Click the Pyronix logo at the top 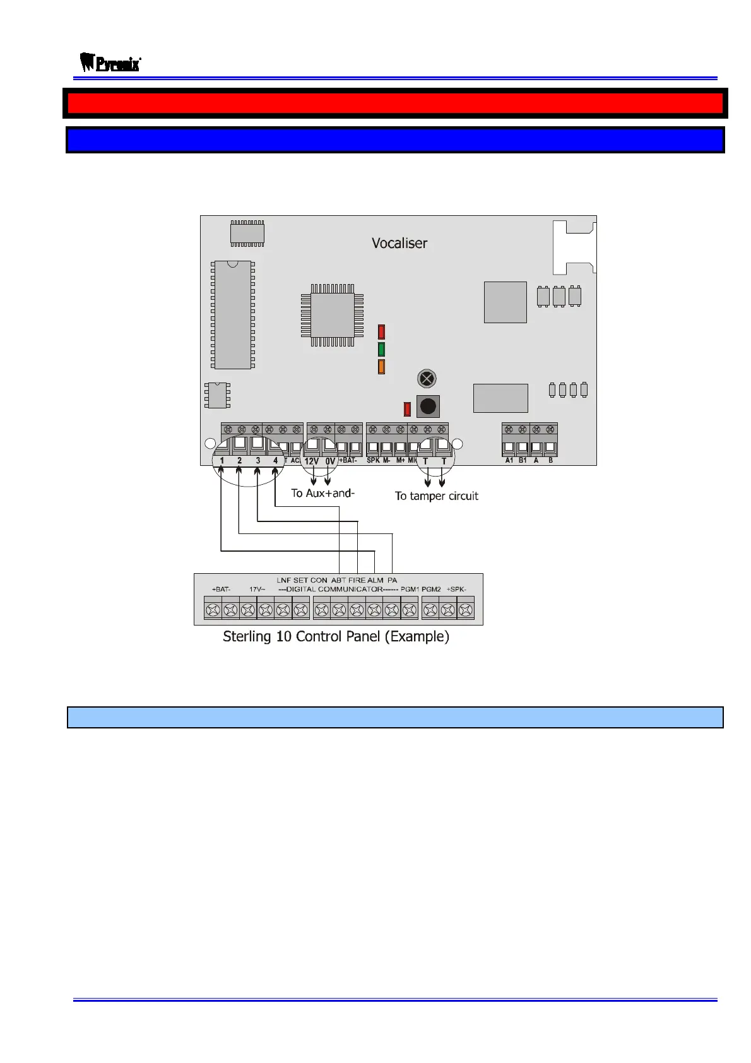[110, 63]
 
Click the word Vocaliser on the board [399, 243]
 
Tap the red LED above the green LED [381, 331]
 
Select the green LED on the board [381, 349]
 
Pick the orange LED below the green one [381, 367]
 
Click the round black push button [428, 406]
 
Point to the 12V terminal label [312, 461]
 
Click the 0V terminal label [330, 461]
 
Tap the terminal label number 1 [222, 461]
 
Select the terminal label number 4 [275, 461]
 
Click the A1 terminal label [509, 461]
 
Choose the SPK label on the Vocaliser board [373, 461]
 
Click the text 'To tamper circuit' [437, 496]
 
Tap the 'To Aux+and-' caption [322, 493]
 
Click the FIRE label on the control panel [357, 580]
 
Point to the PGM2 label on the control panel [431, 590]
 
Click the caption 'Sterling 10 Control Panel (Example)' [336, 636]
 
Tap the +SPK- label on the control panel [456, 590]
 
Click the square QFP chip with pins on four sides [333, 315]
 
